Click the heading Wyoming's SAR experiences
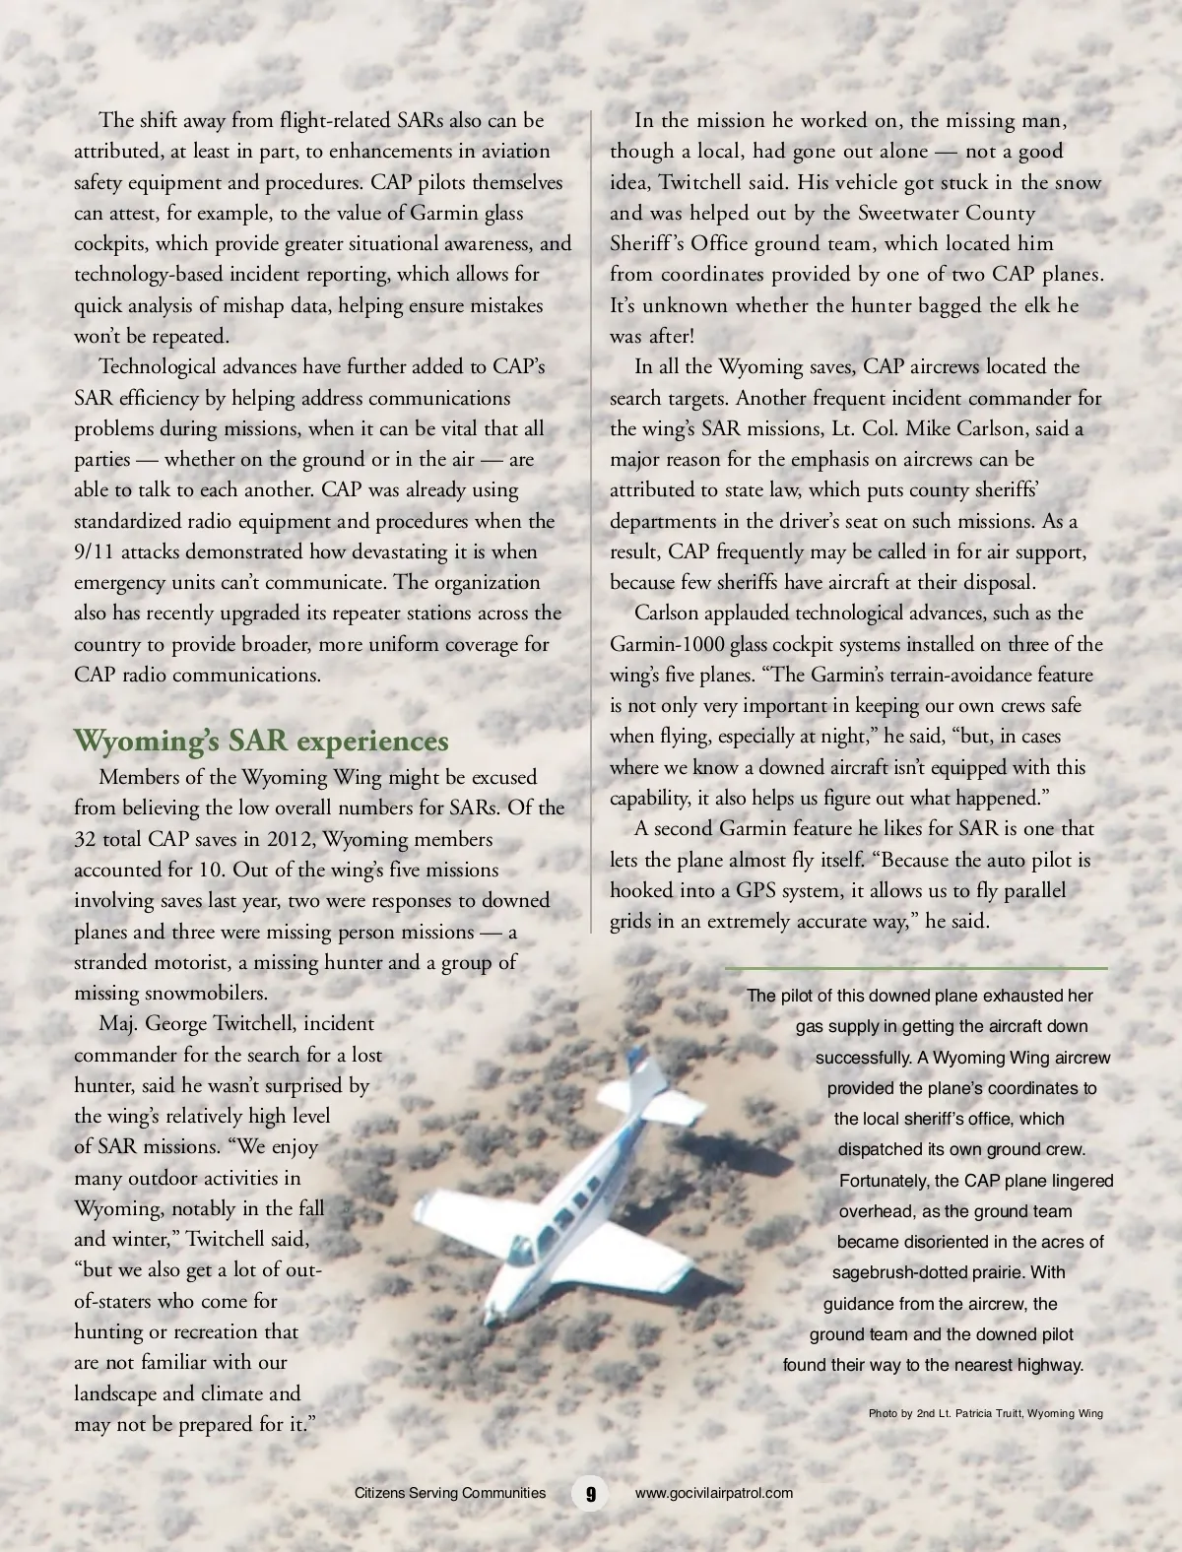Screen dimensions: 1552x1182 [x=261, y=741]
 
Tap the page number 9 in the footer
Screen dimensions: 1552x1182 [x=590, y=1492]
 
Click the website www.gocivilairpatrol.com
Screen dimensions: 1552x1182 [x=714, y=1492]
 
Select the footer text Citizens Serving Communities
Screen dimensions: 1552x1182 [x=449, y=1492]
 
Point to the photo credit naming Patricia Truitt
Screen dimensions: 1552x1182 [x=985, y=1413]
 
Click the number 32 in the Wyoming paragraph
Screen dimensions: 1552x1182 [x=86, y=839]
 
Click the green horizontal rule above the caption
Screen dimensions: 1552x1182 [x=916, y=968]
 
